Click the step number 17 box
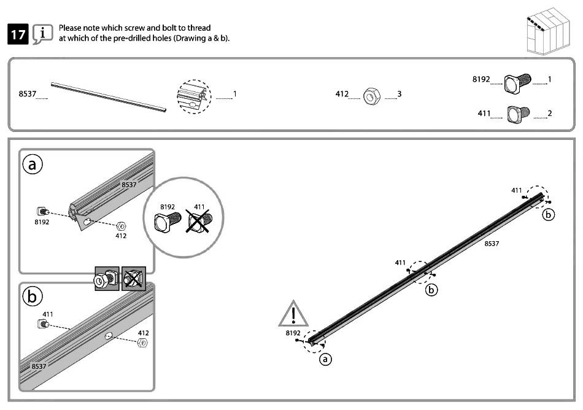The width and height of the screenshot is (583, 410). [x=17, y=34]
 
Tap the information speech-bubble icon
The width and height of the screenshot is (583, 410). [x=42, y=34]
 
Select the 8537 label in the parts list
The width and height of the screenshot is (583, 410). [x=27, y=94]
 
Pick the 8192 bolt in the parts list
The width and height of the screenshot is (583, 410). [x=517, y=82]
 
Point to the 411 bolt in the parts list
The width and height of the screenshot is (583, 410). [x=518, y=114]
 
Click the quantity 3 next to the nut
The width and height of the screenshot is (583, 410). [x=400, y=94]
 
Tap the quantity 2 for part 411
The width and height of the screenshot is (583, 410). [x=549, y=114]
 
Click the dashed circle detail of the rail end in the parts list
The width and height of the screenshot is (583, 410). [x=193, y=96]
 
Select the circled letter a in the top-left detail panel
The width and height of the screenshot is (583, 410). [x=33, y=164]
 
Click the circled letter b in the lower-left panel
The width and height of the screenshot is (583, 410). [x=33, y=297]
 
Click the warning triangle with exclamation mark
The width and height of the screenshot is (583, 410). [x=294, y=315]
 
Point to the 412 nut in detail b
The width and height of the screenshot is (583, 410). [x=141, y=342]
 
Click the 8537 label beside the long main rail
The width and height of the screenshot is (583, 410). [x=492, y=244]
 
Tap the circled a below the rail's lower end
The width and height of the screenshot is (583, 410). [x=326, y=360]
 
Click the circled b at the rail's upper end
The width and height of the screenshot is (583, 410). [x=549, y=214]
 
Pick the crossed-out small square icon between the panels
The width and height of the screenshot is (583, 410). [x=133, y=279]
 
